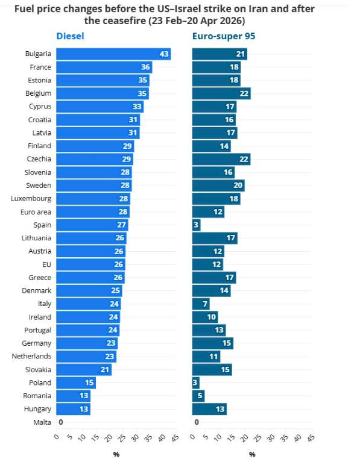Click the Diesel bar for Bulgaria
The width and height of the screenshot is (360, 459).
113,54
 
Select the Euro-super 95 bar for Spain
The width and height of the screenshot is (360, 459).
196,225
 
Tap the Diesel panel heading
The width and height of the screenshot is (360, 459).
70,36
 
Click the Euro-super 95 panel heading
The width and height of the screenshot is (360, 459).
223,36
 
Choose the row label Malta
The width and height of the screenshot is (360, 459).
42,422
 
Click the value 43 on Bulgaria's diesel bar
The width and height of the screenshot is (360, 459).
163,54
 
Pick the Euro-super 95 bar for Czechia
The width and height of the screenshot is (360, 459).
221,159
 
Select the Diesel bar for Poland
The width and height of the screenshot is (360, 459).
75,383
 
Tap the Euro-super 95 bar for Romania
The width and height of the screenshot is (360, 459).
198,396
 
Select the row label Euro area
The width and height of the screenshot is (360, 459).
36,212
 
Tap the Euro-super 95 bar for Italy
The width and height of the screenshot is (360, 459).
201,304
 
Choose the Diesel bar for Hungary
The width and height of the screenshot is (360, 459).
73,409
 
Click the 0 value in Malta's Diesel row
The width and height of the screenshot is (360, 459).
60,422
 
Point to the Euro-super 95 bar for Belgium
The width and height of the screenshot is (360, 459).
221,93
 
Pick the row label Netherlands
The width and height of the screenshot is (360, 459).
31,357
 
